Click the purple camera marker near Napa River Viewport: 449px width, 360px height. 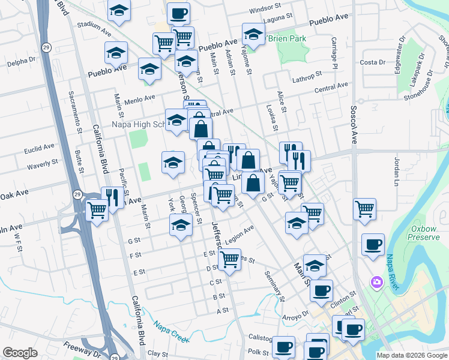coord(376,281)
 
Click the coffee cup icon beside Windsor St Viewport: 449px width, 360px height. coord(178,13)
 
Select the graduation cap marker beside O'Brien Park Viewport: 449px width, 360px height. coord(253,34)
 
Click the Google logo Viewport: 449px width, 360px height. coord(20,353)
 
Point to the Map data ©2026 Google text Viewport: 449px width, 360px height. coord(412,355)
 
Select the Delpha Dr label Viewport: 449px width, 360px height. coord(22,61)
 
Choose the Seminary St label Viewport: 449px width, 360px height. coord(274,284)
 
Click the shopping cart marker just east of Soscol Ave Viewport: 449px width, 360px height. coord(364,209)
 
